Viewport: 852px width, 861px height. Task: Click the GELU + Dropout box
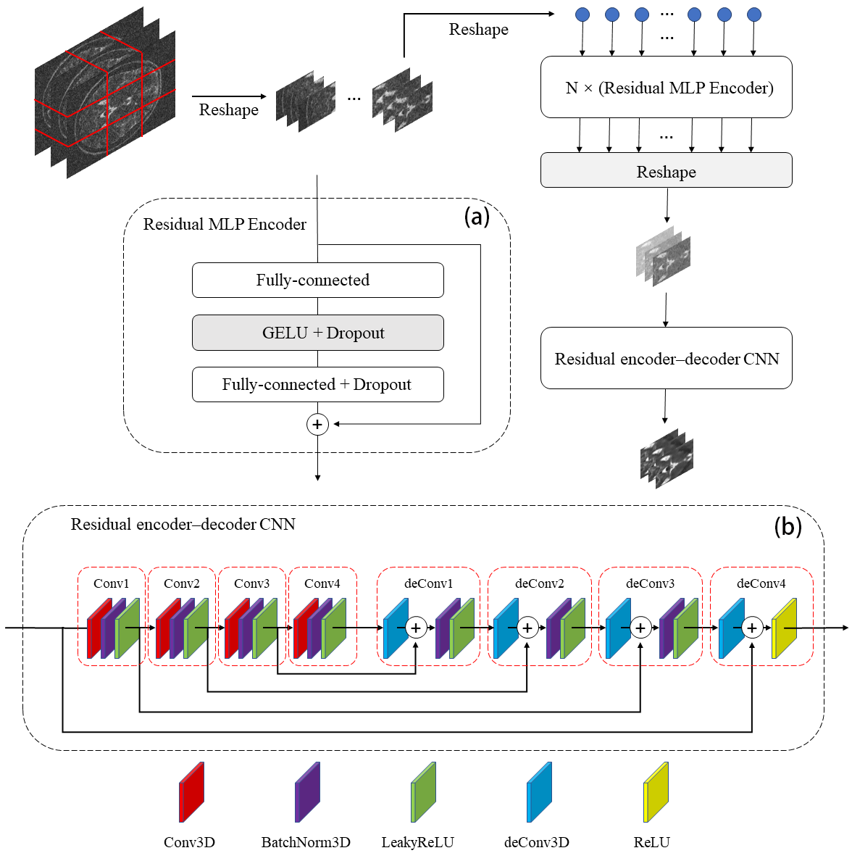click(317, 333)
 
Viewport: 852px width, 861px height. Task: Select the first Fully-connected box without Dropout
click(317, 280)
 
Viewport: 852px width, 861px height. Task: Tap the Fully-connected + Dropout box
click(317, 384)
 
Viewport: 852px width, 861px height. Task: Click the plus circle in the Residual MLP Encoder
click(317, 425)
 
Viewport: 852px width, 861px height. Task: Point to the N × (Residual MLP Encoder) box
click(666, 88)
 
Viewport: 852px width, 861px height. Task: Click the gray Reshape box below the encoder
click(666, 171)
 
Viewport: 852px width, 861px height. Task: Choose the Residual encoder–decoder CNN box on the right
click(666, 358)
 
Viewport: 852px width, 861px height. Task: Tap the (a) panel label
click(477, 216)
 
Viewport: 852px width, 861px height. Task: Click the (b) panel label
click(788, 526)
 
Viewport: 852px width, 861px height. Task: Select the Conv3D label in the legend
click(189, 842)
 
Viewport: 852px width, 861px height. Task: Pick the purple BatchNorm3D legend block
click(307, 792)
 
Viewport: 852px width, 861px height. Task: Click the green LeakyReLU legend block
click(423, 792)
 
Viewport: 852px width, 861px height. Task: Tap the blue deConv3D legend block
click(539, 792)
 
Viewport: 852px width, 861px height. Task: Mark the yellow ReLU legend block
click(656, 792)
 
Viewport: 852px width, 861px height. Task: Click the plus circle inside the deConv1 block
click(416, 628)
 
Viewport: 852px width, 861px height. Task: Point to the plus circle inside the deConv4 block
click(752, 628)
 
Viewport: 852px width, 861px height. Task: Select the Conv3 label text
click(251, 583)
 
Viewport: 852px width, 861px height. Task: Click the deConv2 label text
click(539, 583)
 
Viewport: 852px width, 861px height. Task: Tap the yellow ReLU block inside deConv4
click(784, 628)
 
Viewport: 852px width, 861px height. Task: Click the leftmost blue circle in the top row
click(582, 14)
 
